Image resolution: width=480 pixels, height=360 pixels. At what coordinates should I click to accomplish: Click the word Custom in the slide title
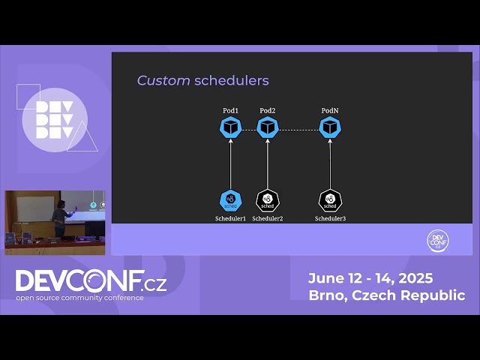pyautogui.click(x=163, y=80)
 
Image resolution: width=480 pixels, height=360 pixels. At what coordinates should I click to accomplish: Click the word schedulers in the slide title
pyautogui.click(x=231, y=80)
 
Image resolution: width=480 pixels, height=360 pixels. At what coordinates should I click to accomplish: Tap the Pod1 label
pyautogui.click(x=230, y=111)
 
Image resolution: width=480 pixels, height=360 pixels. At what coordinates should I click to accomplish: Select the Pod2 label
pyautogui.click(x=268, y=111)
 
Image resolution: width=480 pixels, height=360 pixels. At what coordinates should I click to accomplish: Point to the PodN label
pyautogui.click(x=330, y=111)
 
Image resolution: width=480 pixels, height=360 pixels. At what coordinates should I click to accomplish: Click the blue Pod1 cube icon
pyautogui.click(x=230, y=127)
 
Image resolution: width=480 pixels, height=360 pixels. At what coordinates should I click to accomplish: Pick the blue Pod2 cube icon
pyautogui.click(x=268, y=127)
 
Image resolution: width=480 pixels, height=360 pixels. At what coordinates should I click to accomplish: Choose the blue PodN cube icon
pyautogui.click(x=330, y=127)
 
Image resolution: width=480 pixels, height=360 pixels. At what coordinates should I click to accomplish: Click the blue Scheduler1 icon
pyautogui.click(x=230, y=200)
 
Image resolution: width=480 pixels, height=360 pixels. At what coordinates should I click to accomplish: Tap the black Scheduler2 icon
pyautogui.click(x=268, y=200)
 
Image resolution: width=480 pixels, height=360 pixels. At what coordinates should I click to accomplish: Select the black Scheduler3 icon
pyautogui.click(x=330, y=200)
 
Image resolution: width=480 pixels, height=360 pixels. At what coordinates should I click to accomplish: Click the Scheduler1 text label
pyautogui.click(x=230, y=218)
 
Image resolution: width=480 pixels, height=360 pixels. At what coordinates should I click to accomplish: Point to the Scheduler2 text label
pyautogui.click(x=268, y=218)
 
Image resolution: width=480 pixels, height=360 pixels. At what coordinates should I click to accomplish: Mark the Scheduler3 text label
pyautogui.click(x=330, y=218)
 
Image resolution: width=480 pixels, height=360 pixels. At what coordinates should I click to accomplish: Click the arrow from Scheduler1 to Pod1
pyautogui.click(x=230, y=165)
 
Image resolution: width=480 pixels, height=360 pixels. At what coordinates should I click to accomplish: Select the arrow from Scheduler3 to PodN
pyautogui.click(x=330, y=165)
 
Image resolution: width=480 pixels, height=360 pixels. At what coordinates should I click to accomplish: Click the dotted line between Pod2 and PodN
pyautogui.click(x=298, y=129)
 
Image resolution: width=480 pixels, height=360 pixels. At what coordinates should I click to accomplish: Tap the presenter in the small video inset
pyautogui.click(x=58, y=220)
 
